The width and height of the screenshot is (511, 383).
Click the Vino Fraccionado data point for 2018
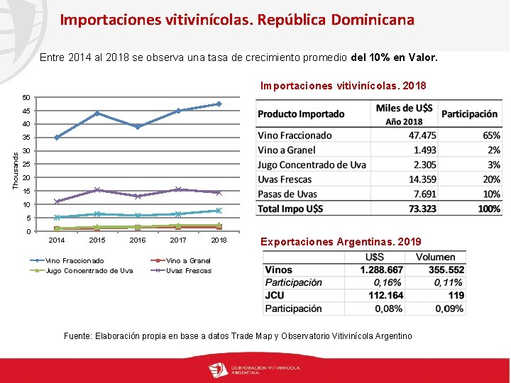pos(219,104)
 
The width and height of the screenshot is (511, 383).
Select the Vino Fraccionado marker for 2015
pos(97,113)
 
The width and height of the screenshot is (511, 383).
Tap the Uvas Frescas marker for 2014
pos(57,201)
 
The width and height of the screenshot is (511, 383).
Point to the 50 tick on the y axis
pos(26,97)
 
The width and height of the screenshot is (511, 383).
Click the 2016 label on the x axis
pos(138,240)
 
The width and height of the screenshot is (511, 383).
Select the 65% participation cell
pos(490,135)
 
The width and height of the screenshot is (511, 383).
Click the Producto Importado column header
pos(301,114)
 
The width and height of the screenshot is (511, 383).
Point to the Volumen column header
pos(436,257)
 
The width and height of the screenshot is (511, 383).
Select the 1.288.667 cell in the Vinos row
pos(381,270)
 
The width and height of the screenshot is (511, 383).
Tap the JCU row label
pos(274,295)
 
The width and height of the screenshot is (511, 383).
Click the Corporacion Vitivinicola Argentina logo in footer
pos(255,370)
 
